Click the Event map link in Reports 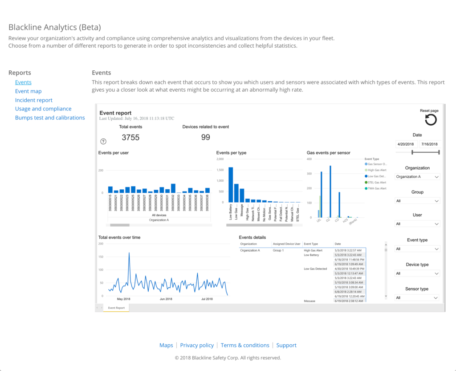(x=28, y=91)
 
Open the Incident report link (x=34, y=100)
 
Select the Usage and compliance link (x=43, y=109)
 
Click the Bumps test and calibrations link (x=50, y=118)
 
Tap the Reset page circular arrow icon (x=431, y=120)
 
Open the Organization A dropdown (x=417, y=177)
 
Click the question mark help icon (x=103, y=141)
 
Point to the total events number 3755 (x=130, y=138)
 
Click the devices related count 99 (x=205, y=138)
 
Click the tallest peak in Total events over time (x=129, y=253)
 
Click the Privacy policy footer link (x=197, y=345)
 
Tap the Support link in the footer (x=286, y=345)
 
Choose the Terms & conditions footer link (x=245, y=345)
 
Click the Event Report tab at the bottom (x=116, y=308)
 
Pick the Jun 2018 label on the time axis (x=166, y=299)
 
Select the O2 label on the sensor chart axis (x=329, y=220)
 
